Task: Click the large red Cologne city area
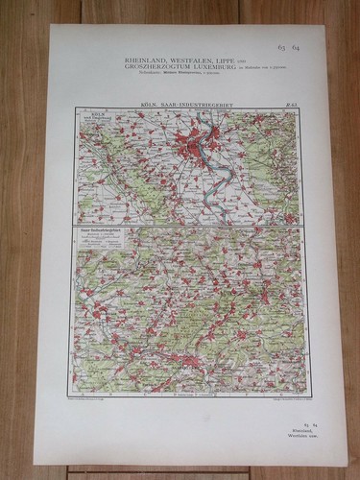click(197, 144)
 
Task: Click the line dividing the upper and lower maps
click(188, 225)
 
